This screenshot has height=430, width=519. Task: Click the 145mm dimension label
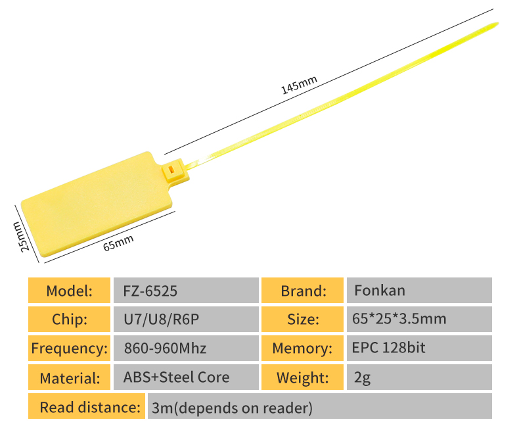299,85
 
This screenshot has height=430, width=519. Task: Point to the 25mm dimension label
22,236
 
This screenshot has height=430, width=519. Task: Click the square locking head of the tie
174,173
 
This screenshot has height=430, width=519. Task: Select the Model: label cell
69,290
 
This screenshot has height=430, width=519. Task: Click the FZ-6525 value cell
186,290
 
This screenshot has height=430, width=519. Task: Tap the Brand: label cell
303,290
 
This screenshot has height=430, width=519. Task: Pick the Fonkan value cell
418,290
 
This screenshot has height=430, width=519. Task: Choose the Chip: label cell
69,320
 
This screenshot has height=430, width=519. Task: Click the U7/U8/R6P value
186,320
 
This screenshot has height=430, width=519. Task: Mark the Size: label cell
303,320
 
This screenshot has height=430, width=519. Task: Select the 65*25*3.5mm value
418,320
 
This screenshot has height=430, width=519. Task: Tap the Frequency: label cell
69,348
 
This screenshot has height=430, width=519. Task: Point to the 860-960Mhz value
186,348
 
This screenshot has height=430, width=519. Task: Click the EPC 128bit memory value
418,348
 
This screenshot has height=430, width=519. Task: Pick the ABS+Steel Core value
186,377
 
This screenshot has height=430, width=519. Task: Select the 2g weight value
418,377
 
